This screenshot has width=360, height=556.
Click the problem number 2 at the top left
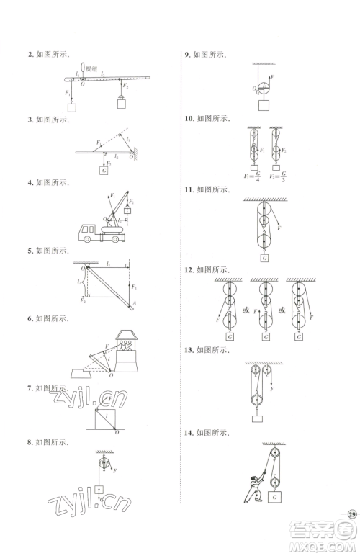tap(29, 55)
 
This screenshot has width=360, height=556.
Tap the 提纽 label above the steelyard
tap(93, 68)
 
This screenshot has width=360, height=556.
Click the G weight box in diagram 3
tap(104, 171)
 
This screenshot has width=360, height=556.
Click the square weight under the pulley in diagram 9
tap(264, 106)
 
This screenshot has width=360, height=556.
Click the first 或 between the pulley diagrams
tap(246, 310)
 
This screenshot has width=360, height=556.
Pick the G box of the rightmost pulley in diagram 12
tap(300, 336)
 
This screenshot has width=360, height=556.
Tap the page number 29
tap(351, 514)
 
